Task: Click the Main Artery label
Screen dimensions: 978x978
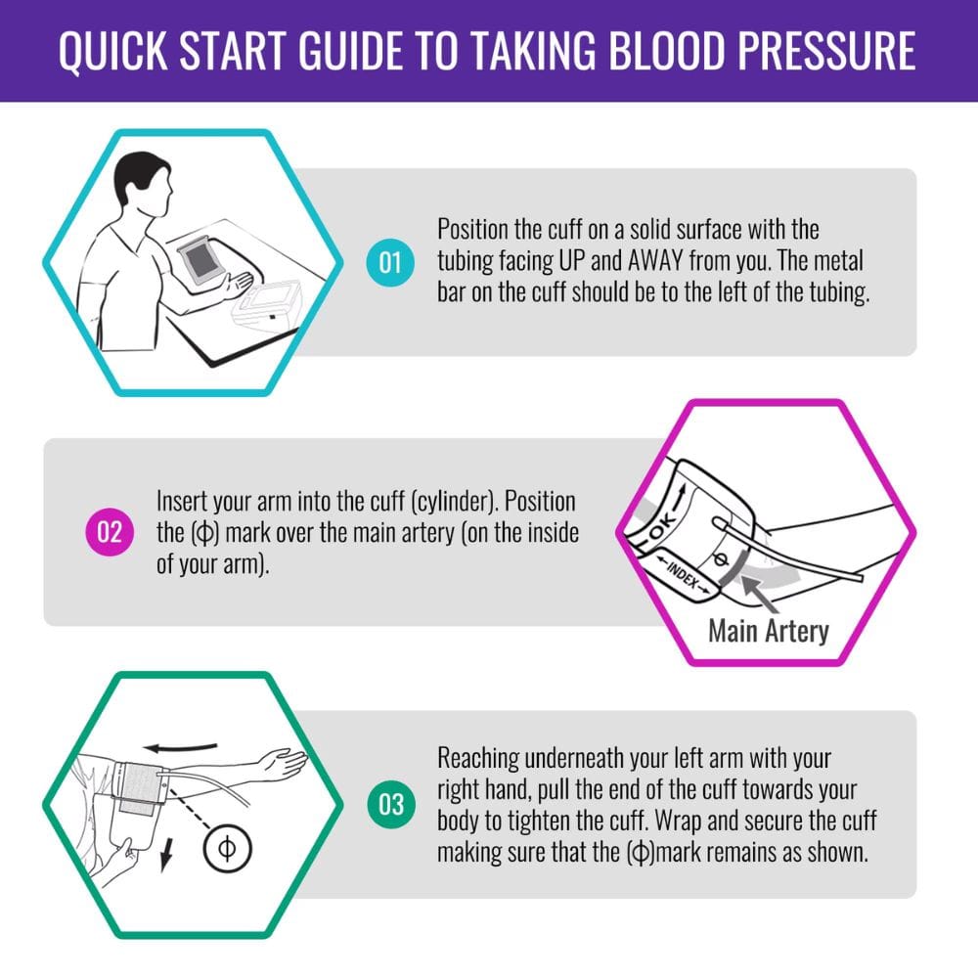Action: coord(768,630)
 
